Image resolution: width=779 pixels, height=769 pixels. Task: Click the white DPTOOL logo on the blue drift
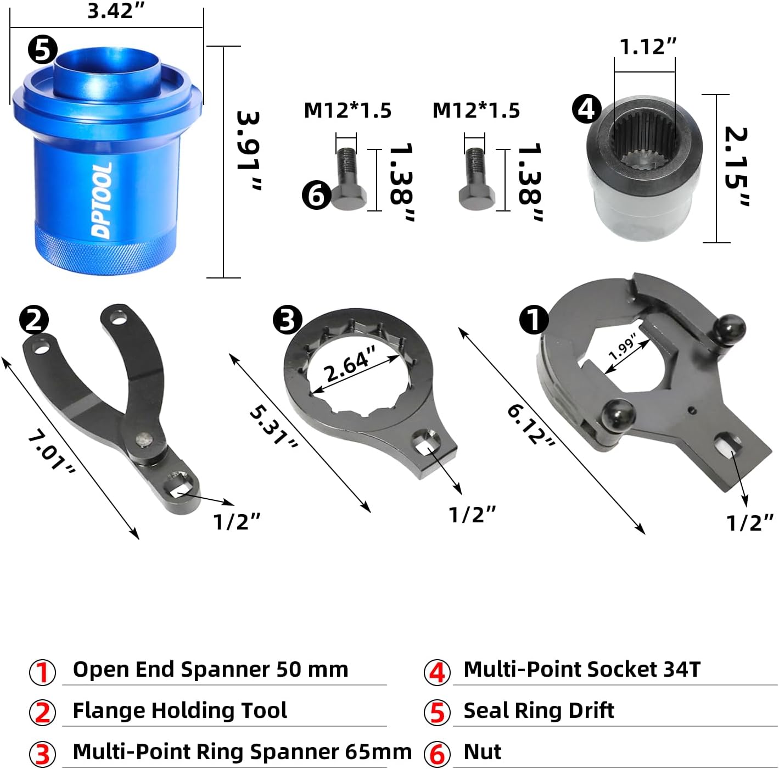(102, 200)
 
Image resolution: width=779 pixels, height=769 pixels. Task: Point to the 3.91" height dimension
(249, 151)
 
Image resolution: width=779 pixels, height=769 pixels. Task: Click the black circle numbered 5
(42, 50)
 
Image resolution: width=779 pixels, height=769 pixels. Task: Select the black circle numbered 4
(586, 109)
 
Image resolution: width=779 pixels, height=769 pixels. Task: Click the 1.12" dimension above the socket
(648, 47)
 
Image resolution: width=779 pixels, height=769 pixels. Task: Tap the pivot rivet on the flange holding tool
(144, 439)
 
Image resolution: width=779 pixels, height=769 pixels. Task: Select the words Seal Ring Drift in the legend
(539, 710)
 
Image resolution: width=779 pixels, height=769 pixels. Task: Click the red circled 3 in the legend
(43, 753)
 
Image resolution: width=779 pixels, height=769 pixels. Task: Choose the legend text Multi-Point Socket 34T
(582, 669)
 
